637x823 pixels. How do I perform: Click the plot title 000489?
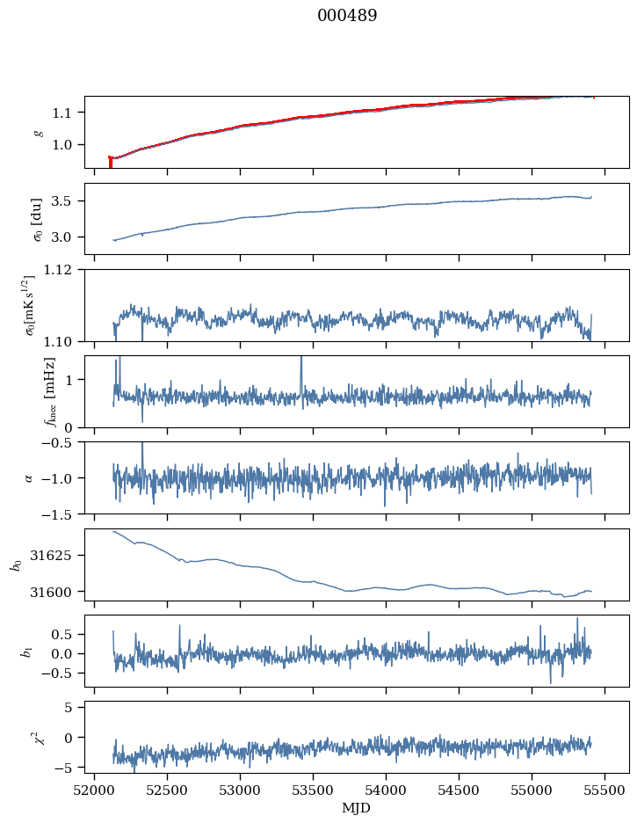(x=347, y=16)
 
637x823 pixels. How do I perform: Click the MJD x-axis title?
(x=356, y=808)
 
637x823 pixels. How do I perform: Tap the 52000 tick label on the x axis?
(x=94, y=790)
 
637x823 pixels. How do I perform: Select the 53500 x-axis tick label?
(x=313, y=790)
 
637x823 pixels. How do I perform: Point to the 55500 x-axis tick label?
(x=604, y=790)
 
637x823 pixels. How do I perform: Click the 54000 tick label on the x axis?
(x=386, y=790)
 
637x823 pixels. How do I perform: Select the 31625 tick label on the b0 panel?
(x=54, y=555)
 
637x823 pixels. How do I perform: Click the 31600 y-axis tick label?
(x=54, y=592)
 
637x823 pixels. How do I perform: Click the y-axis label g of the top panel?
(x=38, y=133)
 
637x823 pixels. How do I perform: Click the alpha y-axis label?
(x=28, y=478)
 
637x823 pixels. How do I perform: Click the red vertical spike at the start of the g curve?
(x=110, y=162)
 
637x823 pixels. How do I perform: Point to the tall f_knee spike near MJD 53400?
(x=301, y=375)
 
